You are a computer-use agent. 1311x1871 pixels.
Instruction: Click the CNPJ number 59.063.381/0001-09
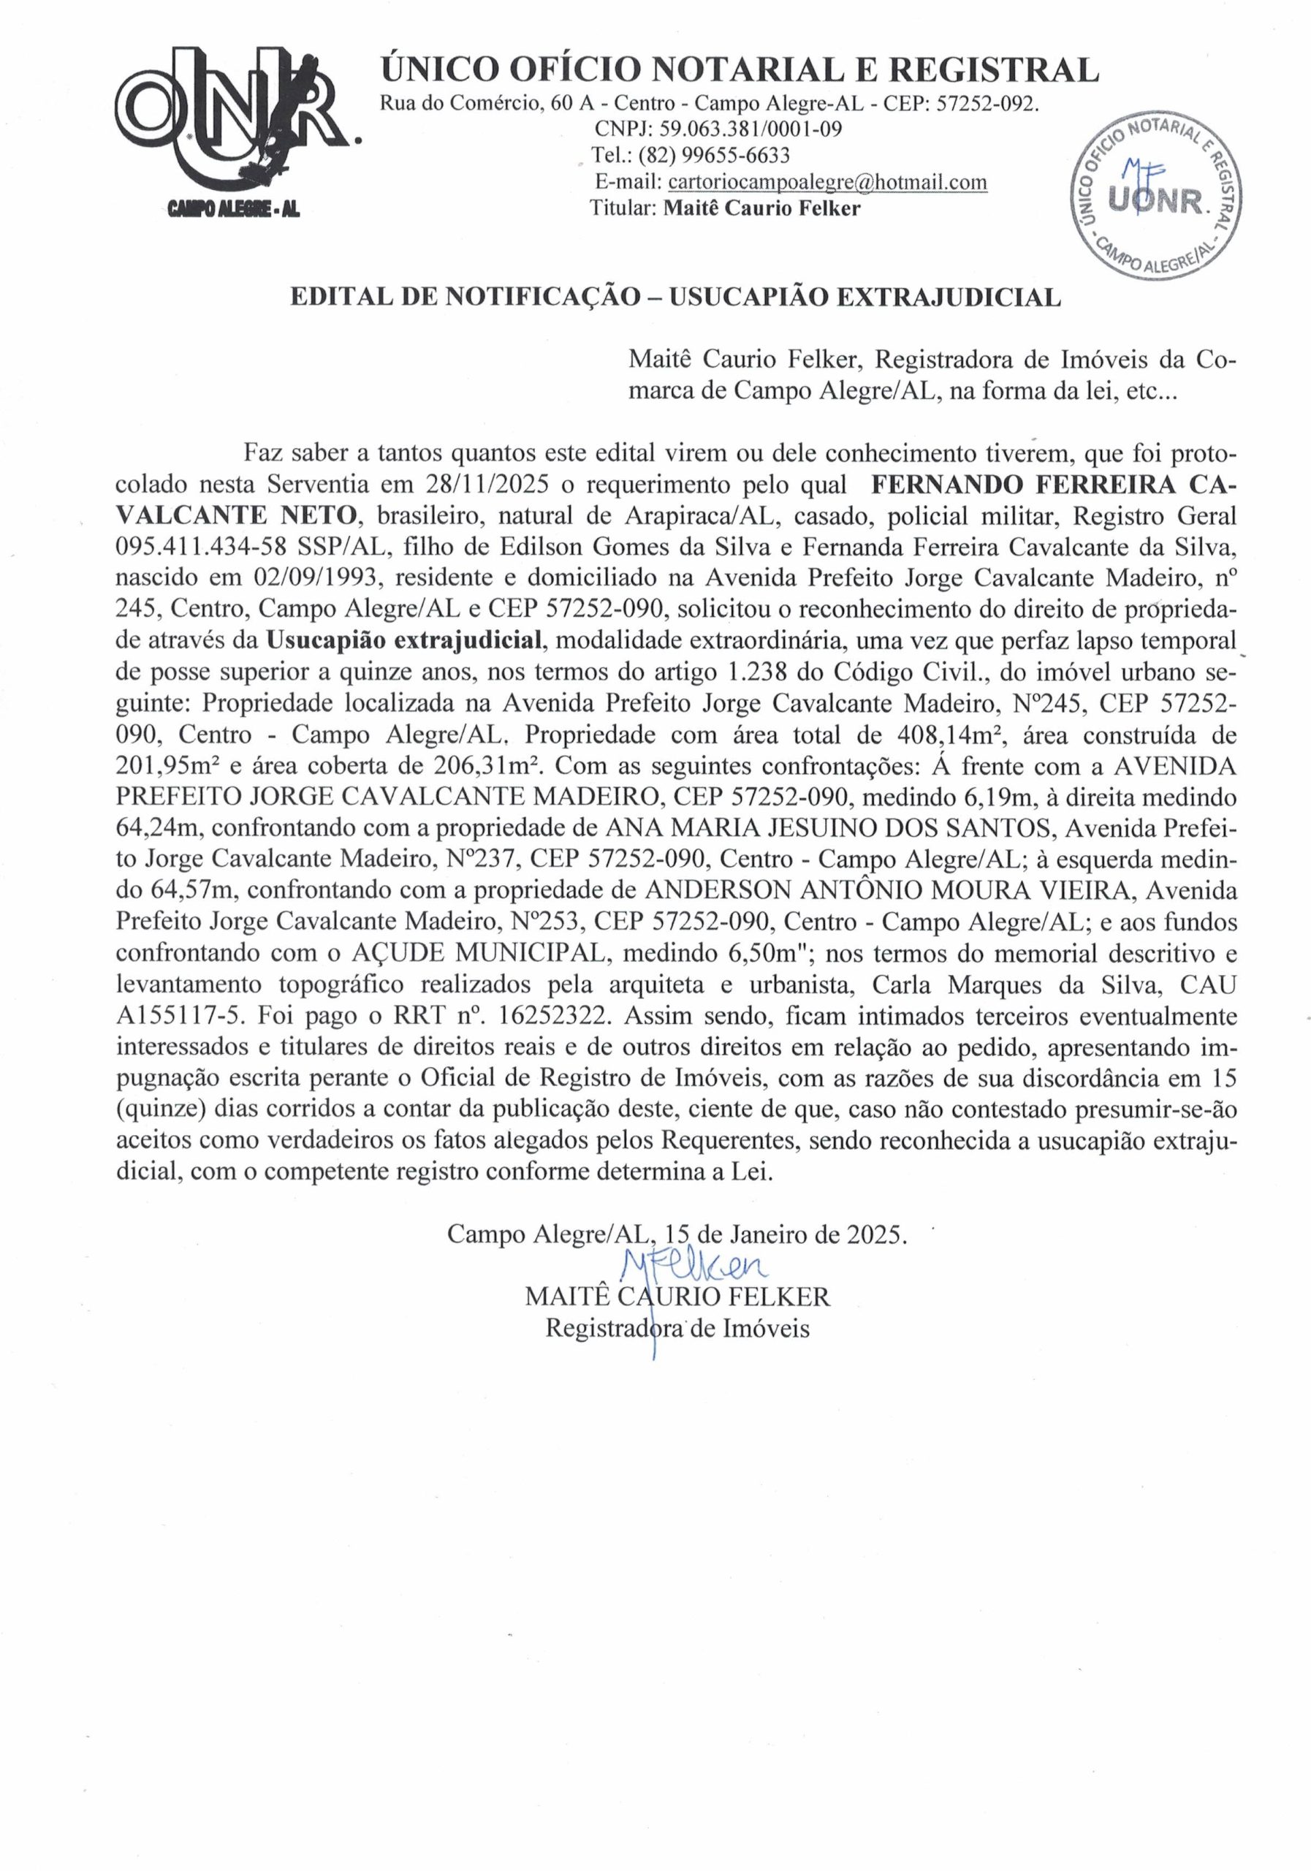[750, 129]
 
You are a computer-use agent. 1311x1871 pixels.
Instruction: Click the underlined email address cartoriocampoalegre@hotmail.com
[826, 182]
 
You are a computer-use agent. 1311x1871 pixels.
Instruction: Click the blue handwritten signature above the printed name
[692, 1262]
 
